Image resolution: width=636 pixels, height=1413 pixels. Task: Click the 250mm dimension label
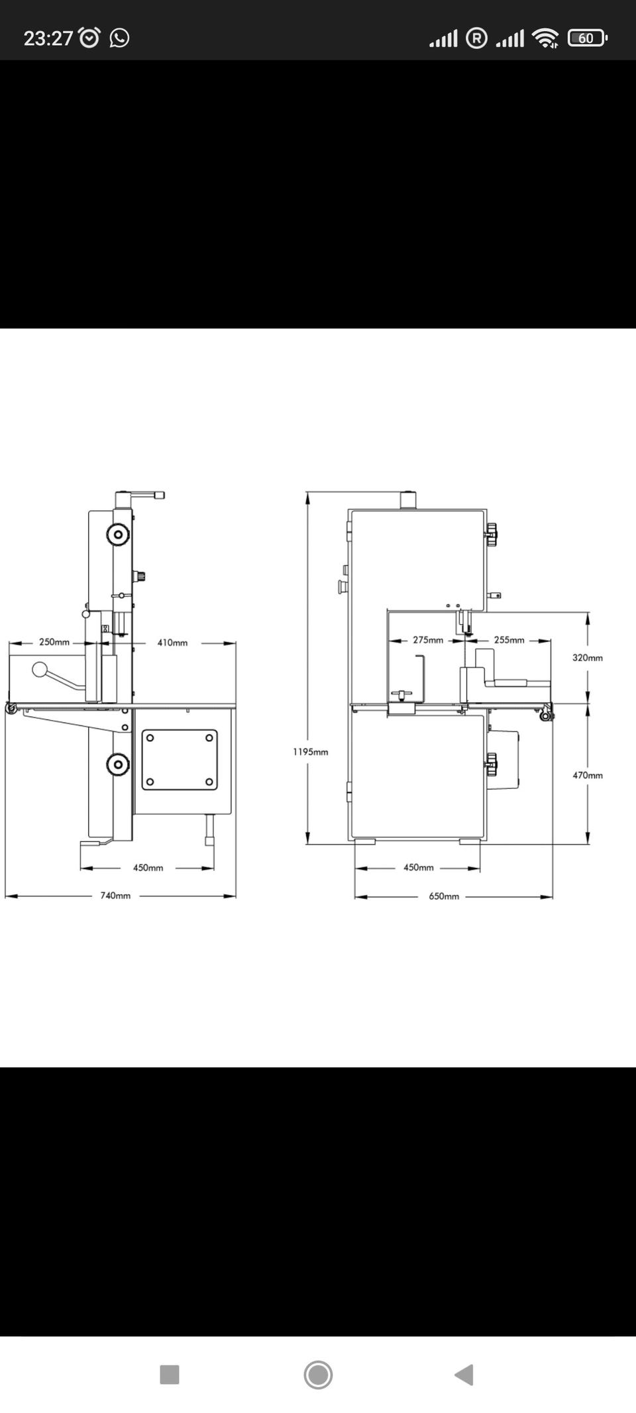click(x=54, y=642)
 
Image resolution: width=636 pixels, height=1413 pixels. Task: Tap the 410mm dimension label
click(x=172, y=643)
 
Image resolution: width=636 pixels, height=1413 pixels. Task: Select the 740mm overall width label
click(x=115, y=896)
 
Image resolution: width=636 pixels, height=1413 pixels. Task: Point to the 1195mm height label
click(x=311, y=752)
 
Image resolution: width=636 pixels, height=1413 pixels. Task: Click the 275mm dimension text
click(x=428, y=640)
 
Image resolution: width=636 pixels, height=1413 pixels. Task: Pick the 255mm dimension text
click(x=509, y=640)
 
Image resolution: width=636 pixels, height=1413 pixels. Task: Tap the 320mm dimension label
click(x=588, y=658)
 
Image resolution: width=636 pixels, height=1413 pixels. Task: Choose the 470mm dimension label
click(x=588, y=775)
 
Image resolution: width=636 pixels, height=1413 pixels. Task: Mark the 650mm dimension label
click(x=444, y=896)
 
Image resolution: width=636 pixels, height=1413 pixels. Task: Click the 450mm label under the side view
click(x=148, y=868)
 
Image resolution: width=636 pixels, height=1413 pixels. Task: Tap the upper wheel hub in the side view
click(x=118, y=534)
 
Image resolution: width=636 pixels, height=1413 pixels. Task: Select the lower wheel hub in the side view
click(x=118, y=764)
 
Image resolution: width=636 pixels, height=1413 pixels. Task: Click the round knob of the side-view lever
click(x=40, y=670)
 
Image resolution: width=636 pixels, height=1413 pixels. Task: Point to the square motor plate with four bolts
click(x=180, y=760)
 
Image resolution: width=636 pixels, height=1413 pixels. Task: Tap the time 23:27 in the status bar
click(x=48, y=38)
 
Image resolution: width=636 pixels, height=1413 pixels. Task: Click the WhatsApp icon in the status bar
click(x=119, y=38)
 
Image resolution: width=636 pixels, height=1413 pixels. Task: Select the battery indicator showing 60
click(x=587, y=38)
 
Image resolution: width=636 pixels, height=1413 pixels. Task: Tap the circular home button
click(x=318, y=1375)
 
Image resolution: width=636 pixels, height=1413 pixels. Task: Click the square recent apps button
click(x=170, y=1375)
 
